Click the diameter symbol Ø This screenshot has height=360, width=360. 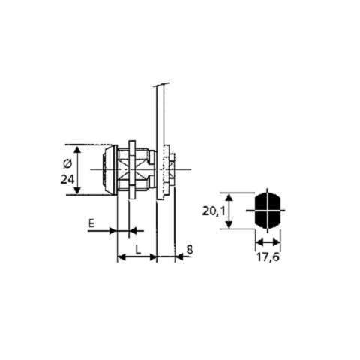67,164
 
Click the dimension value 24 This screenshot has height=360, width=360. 67,179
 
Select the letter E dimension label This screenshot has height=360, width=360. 91,223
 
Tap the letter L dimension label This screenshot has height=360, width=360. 138,250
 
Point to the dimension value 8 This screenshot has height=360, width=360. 190,249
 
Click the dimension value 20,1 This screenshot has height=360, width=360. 214,211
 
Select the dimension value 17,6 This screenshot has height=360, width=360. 268,257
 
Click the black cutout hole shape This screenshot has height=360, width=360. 268,211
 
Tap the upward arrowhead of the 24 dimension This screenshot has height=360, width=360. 77,150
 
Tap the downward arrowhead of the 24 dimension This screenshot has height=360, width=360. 77,190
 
